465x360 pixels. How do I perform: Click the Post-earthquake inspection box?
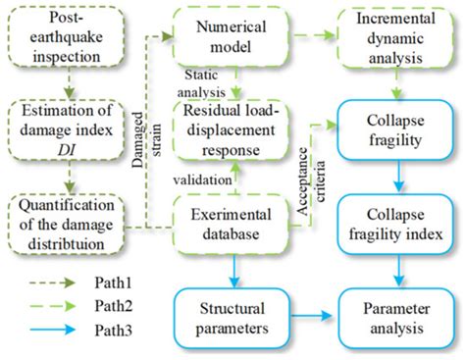66,41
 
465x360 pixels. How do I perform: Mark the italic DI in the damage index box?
66,148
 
